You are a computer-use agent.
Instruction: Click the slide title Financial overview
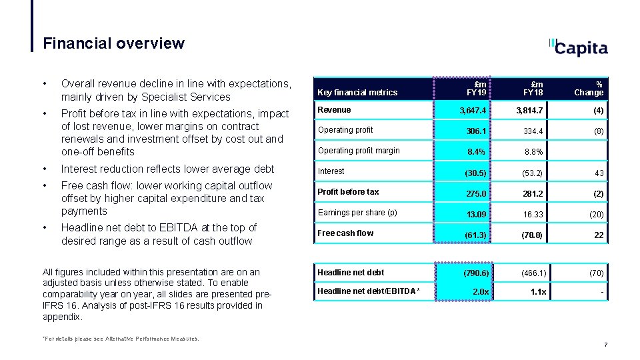tap(113, 44)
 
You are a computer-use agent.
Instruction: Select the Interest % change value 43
tap(599, 173)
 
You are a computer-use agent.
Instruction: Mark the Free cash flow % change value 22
tap(599, 235)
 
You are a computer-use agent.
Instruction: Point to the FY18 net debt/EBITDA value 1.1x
tap(537, 292)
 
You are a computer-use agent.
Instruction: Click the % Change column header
tap(589, 89)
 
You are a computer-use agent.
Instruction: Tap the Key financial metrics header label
tap(357, 93)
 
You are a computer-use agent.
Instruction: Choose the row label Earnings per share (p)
tap(357, 213)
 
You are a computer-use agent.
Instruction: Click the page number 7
tap(605, 345)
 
